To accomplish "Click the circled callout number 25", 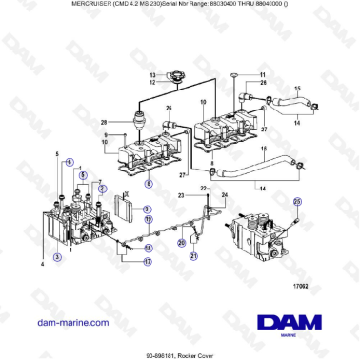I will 296,201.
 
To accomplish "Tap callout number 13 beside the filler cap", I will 152,74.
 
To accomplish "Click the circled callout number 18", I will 148,248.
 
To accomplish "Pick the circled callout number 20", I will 181,242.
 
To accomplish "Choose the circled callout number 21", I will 193,256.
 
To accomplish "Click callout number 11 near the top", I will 262,74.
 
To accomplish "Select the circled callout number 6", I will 69,162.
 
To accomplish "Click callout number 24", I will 223,195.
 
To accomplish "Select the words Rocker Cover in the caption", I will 198,351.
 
